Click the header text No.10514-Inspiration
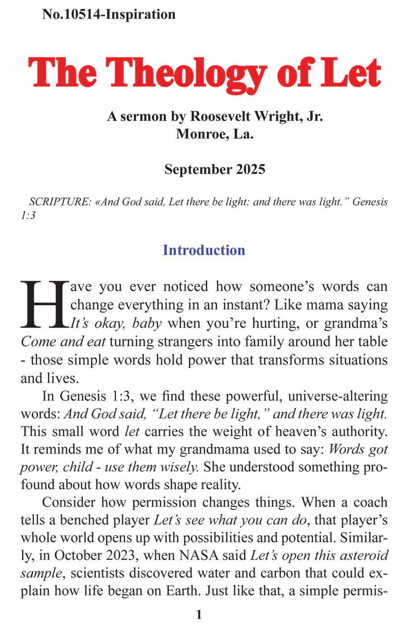point(109,15)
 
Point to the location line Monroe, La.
point(214,134)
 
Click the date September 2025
point(214,170)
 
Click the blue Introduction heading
point(204,250)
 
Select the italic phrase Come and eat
point(63,342)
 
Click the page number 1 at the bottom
point(199,616)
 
